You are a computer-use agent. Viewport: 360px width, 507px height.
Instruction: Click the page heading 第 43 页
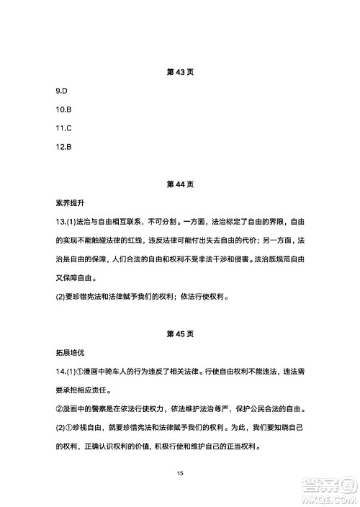[180, 73]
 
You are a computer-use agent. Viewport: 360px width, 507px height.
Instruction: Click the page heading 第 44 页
[180, 184]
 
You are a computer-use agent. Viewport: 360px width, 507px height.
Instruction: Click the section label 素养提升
[70, 203]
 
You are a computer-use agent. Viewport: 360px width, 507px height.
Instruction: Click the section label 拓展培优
[70, 352]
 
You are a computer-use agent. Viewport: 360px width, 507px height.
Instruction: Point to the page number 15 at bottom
[180, 473]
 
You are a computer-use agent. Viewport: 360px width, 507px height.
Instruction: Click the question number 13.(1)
[71, 222]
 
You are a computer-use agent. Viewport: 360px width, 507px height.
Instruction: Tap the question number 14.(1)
[71, 371]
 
